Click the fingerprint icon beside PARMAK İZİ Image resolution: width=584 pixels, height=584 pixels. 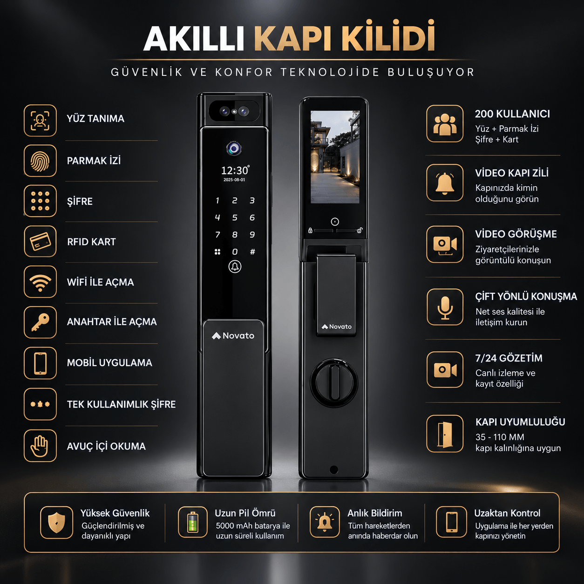(40, 161)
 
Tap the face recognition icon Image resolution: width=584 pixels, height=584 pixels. (40, 120)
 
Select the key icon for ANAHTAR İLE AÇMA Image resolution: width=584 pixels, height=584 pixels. (40, 322)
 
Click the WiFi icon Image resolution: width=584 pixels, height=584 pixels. (40, 283)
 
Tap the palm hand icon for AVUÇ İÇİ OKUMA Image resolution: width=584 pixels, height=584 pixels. (40, 446)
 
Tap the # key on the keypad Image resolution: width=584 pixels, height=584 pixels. (252, 251)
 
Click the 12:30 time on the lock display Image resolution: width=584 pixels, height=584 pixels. (235, 170)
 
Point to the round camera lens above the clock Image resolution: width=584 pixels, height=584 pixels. (234, 149)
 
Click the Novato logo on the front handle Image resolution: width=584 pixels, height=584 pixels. (233, 335)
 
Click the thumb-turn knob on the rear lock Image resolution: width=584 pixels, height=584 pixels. (333, 382)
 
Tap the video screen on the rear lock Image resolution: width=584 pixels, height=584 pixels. (335, 157)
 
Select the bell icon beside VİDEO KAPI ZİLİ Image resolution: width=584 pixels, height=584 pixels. (445, 183)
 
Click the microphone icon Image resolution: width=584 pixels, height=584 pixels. (445, 307)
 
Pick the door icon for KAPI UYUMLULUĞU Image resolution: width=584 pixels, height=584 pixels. (445, 434)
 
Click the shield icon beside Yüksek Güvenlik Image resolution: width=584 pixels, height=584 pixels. (57, 523)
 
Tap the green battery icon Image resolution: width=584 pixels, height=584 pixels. (192, 523)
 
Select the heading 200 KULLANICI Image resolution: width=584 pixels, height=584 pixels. (512, 114)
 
